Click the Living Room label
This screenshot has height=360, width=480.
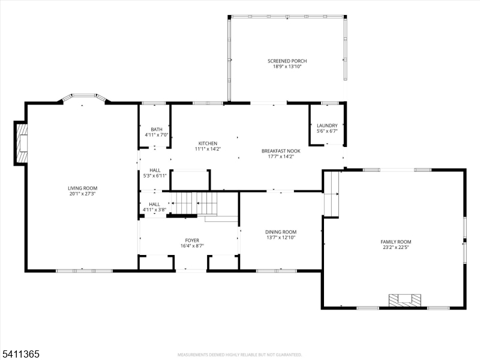[83, 188]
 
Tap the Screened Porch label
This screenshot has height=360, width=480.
[287, 61]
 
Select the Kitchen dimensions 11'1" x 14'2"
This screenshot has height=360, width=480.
[208, 149]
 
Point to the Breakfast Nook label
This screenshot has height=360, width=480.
[281, 151]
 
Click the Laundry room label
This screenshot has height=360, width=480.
[327, 125]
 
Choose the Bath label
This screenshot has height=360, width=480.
[157, 130]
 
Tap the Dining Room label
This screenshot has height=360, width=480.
[281, 232]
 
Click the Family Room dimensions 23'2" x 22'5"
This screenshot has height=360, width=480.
[396, 247]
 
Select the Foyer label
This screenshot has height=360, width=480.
[192, 241]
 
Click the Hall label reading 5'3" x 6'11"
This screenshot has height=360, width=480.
[155, 173]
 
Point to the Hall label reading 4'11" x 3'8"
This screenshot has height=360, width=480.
[154, 207]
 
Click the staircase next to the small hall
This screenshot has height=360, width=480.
[194, 203]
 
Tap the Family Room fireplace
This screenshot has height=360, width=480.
[404, 300]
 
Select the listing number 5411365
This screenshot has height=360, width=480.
[20, 354]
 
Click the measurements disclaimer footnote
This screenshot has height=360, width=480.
[239, 355]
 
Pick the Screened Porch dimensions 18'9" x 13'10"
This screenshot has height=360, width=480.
[287, 67]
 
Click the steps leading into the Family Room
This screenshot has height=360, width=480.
[332, 194]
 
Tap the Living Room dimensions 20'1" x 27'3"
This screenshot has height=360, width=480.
[83, 194]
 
